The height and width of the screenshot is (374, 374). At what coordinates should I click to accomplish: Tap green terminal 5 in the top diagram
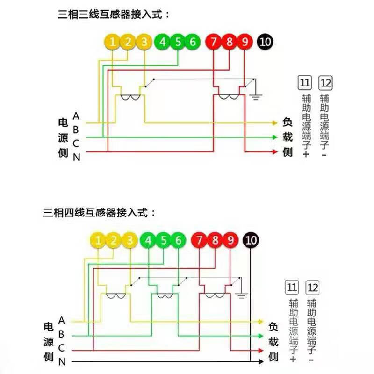click(x=178, y=42)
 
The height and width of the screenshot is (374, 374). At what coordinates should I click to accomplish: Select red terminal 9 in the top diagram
click(x=245, y=42)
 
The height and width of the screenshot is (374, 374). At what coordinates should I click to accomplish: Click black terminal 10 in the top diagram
click(x=265, y=42)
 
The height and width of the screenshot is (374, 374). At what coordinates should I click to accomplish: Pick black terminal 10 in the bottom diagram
click(x=251, y=241)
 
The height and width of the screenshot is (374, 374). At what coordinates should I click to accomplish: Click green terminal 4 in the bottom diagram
click(x=148, y=241)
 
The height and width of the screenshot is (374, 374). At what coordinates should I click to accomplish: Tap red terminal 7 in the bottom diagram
click(x=200, y=241)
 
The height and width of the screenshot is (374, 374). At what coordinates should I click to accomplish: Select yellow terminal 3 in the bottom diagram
click(x=129, y=241)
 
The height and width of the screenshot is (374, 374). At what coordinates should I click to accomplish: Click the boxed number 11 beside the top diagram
click(x=305, y=83)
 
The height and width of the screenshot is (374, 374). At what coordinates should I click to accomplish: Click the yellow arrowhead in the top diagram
click(x=275, y=123)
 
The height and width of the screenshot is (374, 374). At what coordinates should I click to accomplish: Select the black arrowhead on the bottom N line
click(x=260, y=361)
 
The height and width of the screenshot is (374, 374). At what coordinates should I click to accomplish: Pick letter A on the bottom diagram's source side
click(x=62, y=320)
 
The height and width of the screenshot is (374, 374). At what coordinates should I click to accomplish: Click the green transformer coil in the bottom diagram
click(x=164, y=296)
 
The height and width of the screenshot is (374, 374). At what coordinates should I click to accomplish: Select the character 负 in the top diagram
click(x=288, y=123)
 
